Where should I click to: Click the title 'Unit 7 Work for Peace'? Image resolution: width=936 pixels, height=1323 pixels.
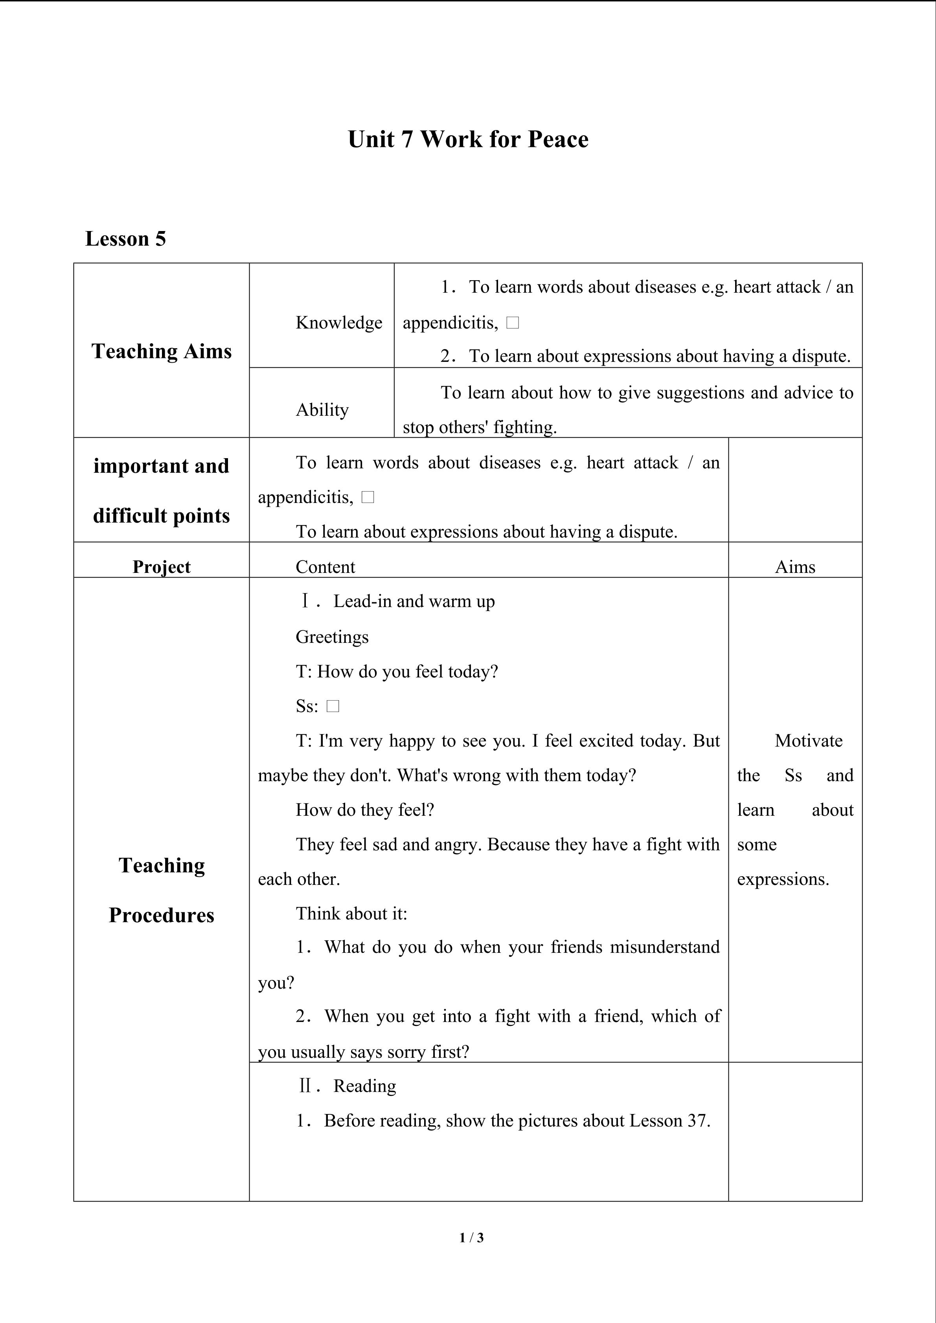(x=468, y=139)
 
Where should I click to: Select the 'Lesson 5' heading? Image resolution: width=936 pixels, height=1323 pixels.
(x=126, y=239)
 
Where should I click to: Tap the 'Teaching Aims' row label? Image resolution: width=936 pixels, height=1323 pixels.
(x=162, y=351)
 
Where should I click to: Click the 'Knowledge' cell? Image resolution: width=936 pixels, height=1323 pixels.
(x=339, y=323)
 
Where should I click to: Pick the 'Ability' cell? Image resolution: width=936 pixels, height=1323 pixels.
(x=322, y=410)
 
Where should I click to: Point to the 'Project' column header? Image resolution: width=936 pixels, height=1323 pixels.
(x=162, y=567)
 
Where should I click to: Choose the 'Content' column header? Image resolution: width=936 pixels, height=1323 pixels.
(x=325, y=567)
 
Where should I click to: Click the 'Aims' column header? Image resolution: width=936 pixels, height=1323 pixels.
(x=795, y=567)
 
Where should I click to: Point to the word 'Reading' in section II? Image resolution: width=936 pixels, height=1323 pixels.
(x=364, y=1086)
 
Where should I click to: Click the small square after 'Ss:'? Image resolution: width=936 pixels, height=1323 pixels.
(x=333, y=706)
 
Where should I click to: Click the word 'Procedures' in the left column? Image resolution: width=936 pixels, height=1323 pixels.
(x=162, y=915)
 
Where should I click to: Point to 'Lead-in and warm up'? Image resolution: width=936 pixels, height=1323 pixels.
(x=414, y=602)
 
